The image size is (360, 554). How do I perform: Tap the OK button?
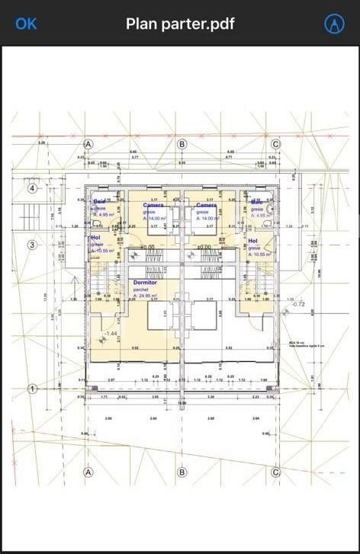pos(26,24)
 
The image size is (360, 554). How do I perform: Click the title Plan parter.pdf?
pos(180,24)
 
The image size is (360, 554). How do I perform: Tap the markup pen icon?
pos(333,24)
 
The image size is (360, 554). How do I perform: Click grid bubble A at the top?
pos(88,144)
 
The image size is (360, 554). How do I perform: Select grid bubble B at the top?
pos(182,144)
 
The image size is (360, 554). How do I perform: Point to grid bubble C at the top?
pos(276,144)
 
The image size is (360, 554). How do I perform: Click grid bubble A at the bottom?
pos(88,472)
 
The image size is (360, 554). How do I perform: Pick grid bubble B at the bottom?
pos(182,472)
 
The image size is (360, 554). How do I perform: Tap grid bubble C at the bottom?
pos(276,472)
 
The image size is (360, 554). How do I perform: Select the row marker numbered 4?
pos(33,188)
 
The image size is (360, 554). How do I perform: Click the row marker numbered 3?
pos(33,245)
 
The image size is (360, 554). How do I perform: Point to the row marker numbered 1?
pos(33,389)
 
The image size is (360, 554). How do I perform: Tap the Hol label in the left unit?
pos(95,238)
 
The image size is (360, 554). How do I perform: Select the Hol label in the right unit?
pos(252,242)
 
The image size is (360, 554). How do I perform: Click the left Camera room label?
pos(153,205)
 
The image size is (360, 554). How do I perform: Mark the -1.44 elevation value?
pos(110,334)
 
